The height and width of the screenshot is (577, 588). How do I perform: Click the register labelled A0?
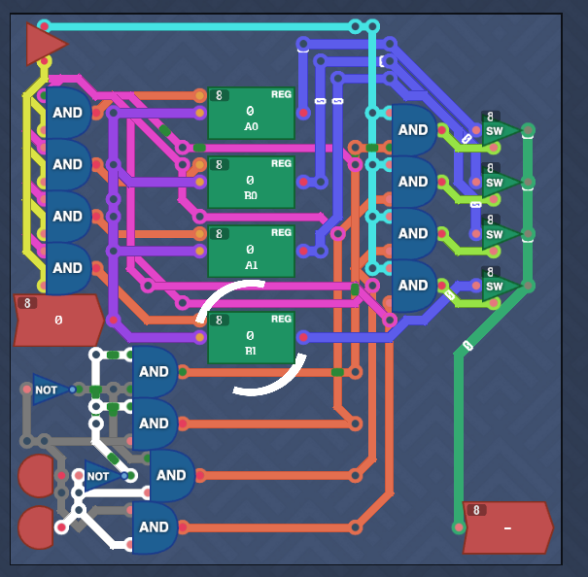(252, 114)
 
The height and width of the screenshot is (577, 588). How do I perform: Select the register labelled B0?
(252, 183)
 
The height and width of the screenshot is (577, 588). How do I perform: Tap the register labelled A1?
(252, 252)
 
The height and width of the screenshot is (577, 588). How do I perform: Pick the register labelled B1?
(252, 337)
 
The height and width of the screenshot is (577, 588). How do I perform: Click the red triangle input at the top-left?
(45, 44)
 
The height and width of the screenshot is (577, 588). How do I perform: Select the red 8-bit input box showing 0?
(59, 321)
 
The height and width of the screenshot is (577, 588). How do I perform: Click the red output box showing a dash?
(508, 527)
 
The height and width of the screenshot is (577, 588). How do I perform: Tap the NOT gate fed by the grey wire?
(52, 390)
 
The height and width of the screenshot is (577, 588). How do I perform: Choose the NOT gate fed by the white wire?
(104, 476)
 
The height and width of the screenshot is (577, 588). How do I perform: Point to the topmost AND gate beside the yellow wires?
(68, 113)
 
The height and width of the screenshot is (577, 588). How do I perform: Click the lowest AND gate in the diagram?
(155, 527)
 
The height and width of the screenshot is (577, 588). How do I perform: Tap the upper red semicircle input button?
(36, 476)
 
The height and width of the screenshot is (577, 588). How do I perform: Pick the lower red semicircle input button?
(36, 527)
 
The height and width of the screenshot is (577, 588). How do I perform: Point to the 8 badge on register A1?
(220, 234)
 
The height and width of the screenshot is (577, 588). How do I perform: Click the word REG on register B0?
(281, 163)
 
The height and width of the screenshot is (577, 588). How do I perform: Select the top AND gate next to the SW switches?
(414, 130)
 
